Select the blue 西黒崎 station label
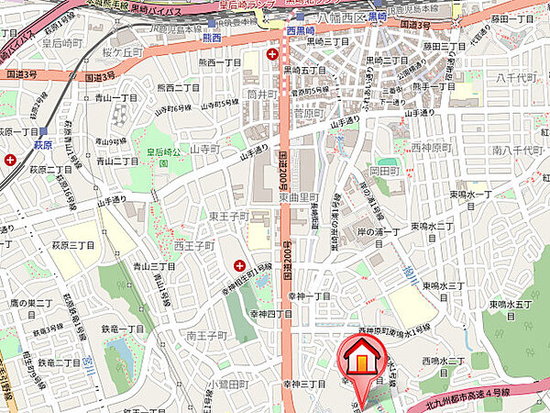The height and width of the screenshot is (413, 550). coord(302,29)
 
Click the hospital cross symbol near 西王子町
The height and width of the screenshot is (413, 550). coord(239,265)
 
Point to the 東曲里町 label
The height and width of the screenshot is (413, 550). coord(298,196)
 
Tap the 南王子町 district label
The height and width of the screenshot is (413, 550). coord(205,336)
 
